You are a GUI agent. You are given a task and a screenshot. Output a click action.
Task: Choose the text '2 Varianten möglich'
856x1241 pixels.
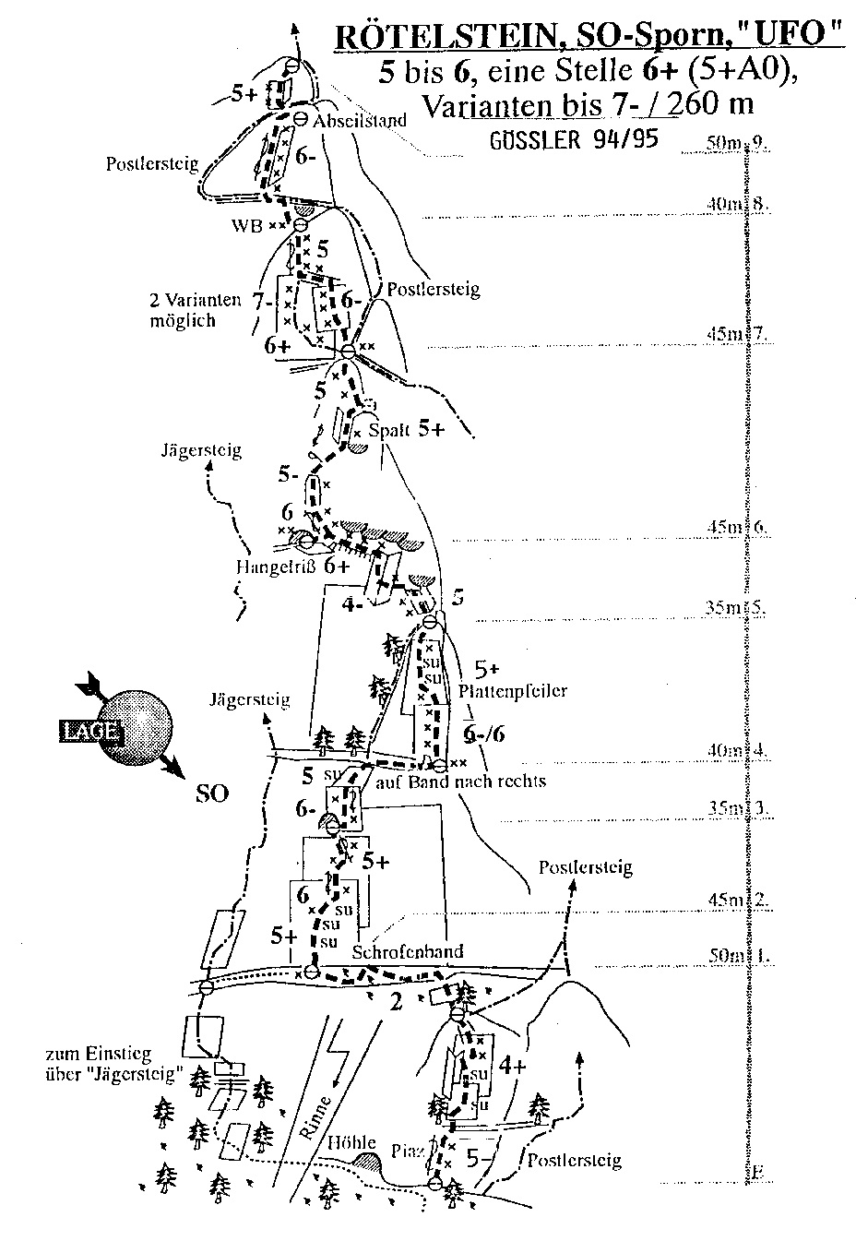pos(194,310)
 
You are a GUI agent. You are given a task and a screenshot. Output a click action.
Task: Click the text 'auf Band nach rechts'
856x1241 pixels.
pos(462,782)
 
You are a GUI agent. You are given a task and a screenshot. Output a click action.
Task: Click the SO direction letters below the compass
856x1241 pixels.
pos(211,793)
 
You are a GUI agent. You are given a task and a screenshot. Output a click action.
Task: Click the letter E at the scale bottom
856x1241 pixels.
pos(756,1173)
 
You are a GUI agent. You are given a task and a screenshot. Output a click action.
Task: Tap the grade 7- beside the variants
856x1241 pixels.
pos(261,301)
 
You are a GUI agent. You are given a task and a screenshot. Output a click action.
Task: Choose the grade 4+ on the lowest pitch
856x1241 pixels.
pos(511,1066)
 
